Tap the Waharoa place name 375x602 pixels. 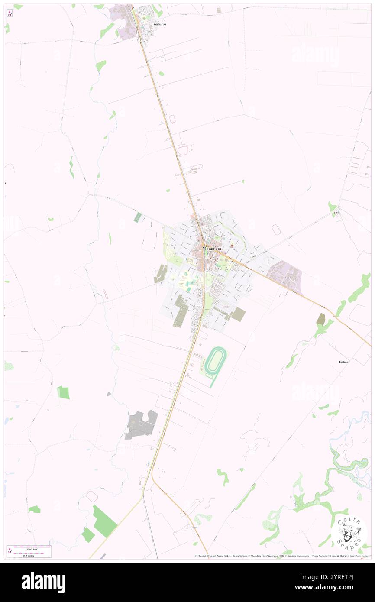(160, 24)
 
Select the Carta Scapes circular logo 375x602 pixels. (349, 533)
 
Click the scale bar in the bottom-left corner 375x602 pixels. (29, 551)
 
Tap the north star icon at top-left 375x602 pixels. (10, 13)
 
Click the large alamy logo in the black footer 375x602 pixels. (43, 582)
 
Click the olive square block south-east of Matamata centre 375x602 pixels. (238, 314)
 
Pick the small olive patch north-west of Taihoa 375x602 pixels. (321, 319)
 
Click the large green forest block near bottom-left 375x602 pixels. (104, 521)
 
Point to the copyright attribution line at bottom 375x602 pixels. (281, 556)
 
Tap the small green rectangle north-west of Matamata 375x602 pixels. (138, 217)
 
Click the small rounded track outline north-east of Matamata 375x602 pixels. (276, 230)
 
